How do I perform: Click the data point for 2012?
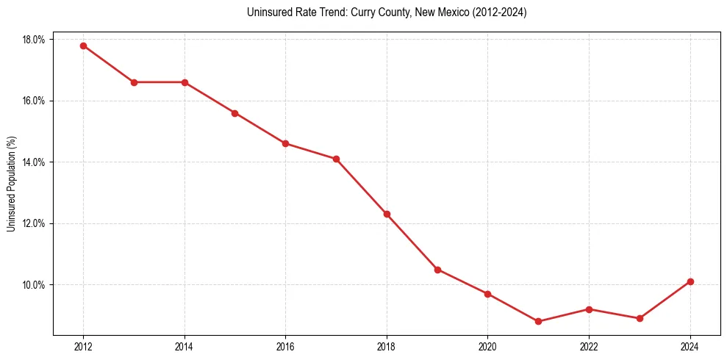[x=83, y=46]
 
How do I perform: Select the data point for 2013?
[x=134, y=82]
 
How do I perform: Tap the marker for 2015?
[x=234, y=113]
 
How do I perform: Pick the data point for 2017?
[x=336, y=159]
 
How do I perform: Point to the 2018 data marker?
[x=387, y=214]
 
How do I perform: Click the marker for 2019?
[x=437, y=270]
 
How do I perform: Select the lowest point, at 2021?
[x=538, y=321]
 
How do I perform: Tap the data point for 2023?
[x=640, y=318]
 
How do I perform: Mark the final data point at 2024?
[x=690, y=281]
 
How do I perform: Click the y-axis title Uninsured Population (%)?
[x=11, y=184]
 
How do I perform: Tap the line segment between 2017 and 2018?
[x=362, y=187]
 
